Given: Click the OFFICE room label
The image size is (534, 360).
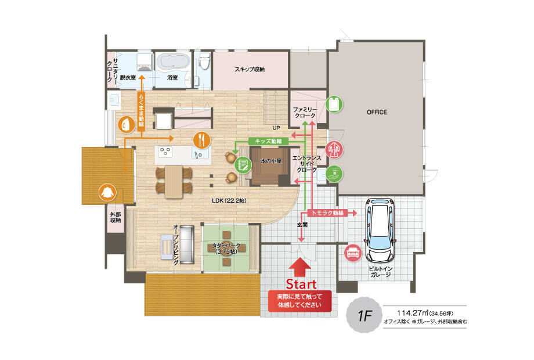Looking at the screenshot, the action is pos(377,112).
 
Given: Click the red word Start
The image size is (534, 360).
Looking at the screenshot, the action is pos(301,284).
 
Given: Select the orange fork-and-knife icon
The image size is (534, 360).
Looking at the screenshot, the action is pos(202,140).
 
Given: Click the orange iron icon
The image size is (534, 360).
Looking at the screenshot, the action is pos(127,125).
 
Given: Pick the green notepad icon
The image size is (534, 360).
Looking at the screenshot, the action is pos(243,165).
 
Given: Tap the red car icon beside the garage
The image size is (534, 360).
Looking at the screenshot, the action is pos(352,253).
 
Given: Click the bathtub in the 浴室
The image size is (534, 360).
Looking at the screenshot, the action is pos(172,62).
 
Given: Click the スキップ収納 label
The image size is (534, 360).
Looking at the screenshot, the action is pos(249,70).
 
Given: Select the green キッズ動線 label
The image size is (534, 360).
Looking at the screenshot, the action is pos(268,141).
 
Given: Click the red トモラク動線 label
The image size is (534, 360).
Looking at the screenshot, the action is pos(327,213).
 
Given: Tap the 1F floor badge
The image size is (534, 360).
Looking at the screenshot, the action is pos(364,315).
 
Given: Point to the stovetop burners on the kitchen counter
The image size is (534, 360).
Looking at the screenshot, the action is pos(165,152).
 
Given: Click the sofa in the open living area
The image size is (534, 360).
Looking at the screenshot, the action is pos(187,244).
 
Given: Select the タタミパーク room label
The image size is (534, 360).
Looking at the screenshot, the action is pos(226,249).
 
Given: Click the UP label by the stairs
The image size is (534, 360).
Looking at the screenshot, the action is pos(276,128).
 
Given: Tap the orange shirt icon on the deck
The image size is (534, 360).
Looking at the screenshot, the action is pos(107,193).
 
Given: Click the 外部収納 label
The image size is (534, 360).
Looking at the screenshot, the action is pos(116,217).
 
